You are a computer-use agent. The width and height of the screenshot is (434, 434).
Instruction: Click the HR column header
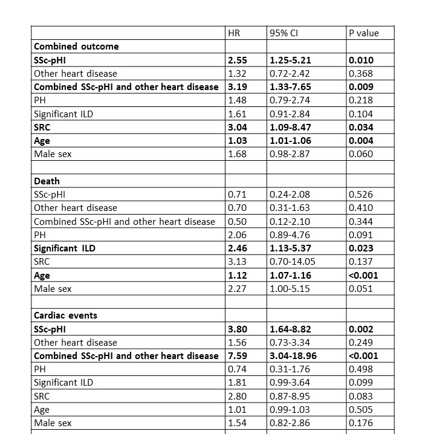[x=234, y=33]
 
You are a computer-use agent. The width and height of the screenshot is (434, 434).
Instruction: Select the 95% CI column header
[x=283, y=33]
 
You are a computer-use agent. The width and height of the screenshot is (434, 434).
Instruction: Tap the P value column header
[x=364, y=33]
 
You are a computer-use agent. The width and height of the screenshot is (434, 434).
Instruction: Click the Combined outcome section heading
[x=76, y=47]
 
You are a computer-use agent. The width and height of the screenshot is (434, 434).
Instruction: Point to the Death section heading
[x=47, y=181]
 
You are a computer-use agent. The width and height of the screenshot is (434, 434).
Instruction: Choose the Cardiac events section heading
[x=65, y=316]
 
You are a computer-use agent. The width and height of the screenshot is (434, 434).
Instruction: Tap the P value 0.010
[x=361, y=60]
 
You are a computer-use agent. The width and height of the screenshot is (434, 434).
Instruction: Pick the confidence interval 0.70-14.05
[x=293, y=262]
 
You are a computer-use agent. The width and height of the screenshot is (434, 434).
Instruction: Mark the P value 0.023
[x=361, y=248]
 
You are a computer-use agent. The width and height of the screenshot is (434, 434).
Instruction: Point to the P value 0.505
[x=361, y=410]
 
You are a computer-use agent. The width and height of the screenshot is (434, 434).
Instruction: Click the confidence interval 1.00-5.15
[x=290, y=289]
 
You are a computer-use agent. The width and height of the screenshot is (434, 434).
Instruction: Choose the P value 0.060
[x=361, y=154]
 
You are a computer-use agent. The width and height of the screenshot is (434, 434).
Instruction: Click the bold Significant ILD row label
[x=65, y=248]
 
